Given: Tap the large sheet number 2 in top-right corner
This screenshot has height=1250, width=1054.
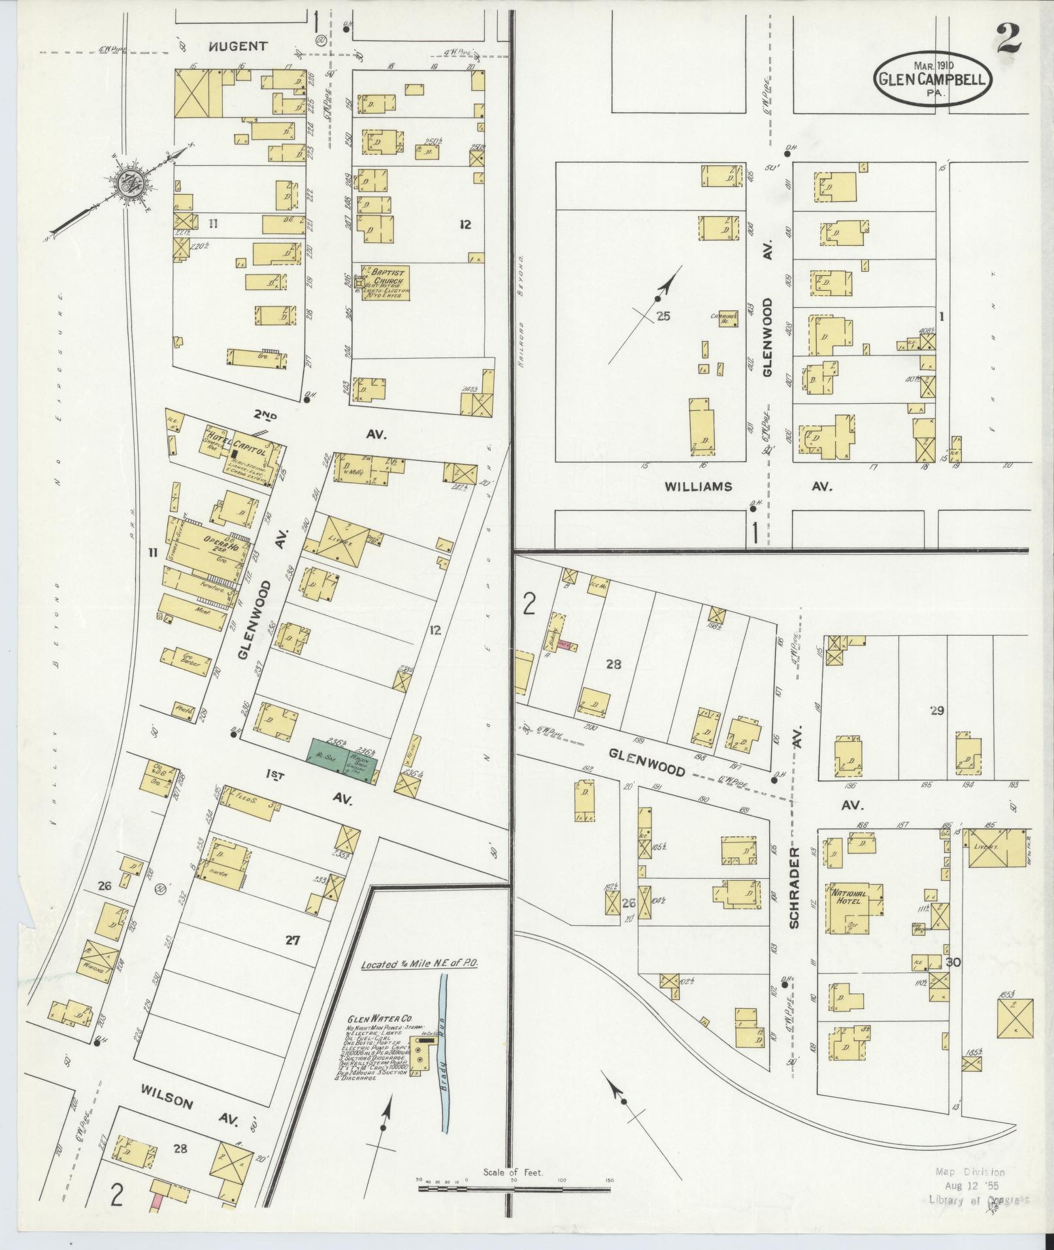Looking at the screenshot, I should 1008,39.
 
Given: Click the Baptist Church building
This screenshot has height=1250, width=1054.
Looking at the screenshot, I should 386,283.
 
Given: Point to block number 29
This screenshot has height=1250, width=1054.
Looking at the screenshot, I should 937,710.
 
